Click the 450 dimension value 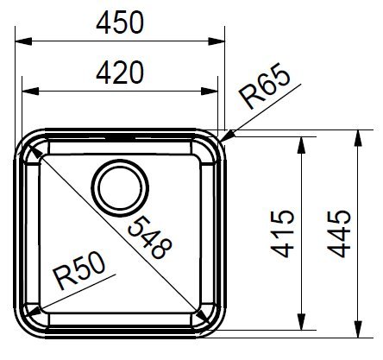pos(120,22)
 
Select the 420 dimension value pos(120,73)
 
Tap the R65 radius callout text pos(265,85)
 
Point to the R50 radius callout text pos(80,270)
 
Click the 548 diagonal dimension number pos(150,237)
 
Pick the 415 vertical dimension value pos(283,233)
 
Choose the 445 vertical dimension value pos(339,233)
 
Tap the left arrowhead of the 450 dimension pos(23,41)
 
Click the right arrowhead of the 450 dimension pos(217,41)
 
